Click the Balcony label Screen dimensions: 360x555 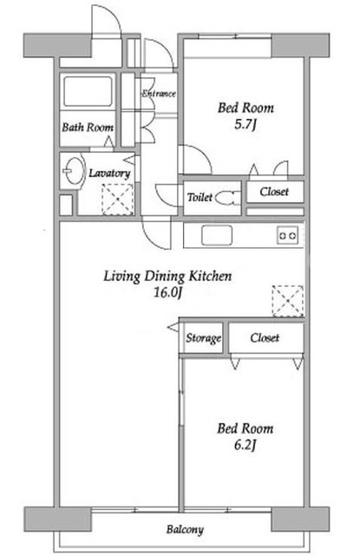(185, 530)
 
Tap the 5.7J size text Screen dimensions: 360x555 (245, 124)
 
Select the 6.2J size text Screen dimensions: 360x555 (245, 445)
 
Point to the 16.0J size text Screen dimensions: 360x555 (167, 292)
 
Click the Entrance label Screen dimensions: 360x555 (159, 94)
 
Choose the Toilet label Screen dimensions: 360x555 (200, 197)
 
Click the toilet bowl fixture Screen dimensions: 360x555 (226, 198)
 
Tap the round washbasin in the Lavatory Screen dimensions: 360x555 (74, 170)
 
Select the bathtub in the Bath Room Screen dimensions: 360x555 (88, 91)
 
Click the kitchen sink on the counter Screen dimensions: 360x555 (217, 235)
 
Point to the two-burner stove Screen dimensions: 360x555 (287, 235)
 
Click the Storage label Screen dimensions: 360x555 (204, 338)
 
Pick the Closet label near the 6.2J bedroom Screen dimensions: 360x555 (265, 337)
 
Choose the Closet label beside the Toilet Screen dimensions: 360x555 (274, 192)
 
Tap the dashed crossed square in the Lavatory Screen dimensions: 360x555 (117, 199)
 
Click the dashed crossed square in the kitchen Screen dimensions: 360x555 (288, 301)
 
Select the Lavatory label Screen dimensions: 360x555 (109, 173)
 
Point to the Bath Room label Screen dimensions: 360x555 (88, 127)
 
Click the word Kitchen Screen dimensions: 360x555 (210, 276)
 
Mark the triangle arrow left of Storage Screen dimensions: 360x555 (173, 328)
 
